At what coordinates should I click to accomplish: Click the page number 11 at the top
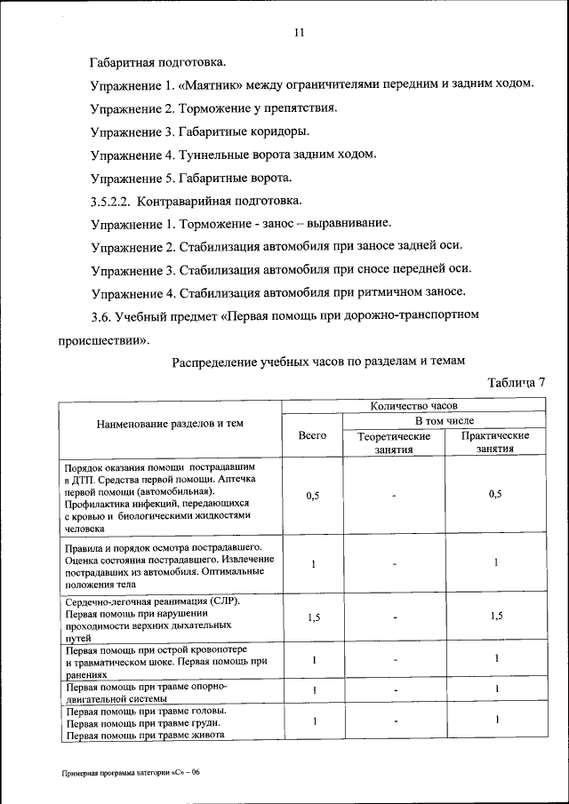point(299,33)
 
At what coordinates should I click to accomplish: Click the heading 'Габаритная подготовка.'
point(157,63)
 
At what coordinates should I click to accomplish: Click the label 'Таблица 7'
point(515,383)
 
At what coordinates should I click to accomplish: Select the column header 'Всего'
point(312,436)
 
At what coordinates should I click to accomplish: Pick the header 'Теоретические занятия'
point(394,442)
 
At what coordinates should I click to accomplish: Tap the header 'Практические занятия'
point(495,442)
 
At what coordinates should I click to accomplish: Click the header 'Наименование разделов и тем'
point(170,425)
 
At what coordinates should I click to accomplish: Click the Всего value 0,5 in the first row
point(312,496)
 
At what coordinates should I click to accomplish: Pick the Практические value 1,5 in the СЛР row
point(495,618)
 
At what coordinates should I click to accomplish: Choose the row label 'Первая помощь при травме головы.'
point(147,712)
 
